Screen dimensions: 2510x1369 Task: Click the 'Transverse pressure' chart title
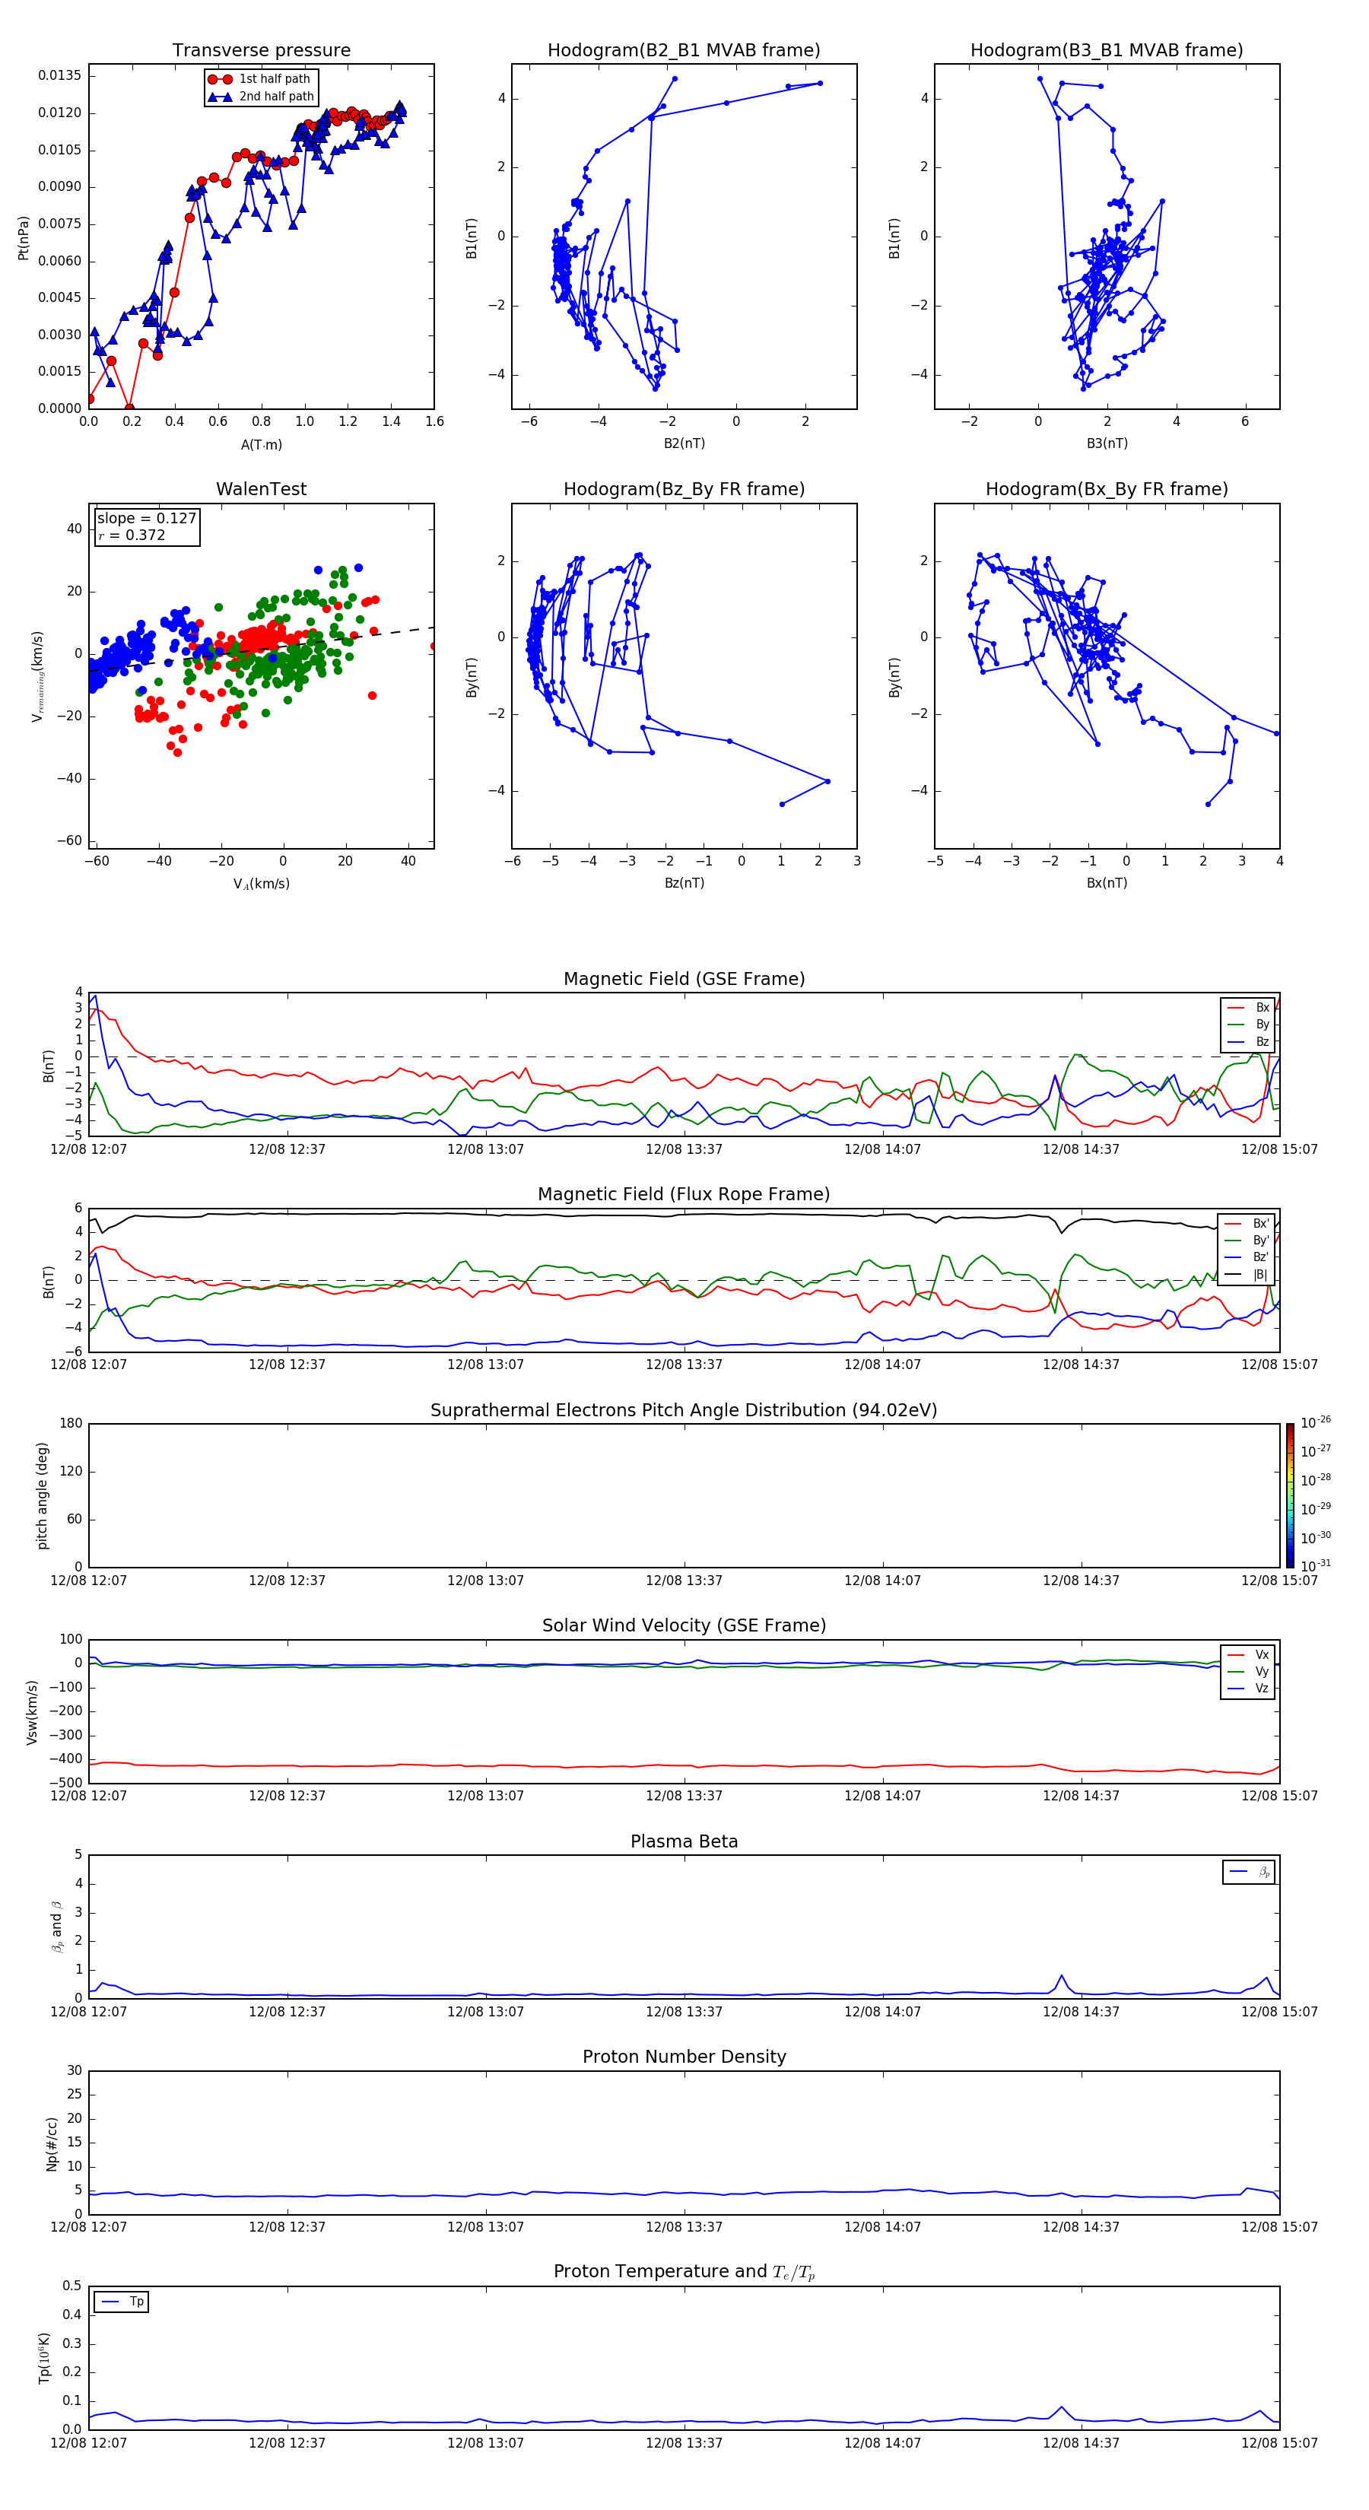pyautogui.click(x=261, y=51)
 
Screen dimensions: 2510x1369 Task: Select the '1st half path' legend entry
pyautogui.click(x=274, y=79)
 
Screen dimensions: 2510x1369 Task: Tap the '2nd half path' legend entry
pyautogui.click(x=276, y=97)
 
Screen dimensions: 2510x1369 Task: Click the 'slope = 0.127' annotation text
pyautogui.click(x=146, y=519)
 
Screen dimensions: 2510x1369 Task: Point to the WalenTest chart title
pyautogui.click(x=261, y=489)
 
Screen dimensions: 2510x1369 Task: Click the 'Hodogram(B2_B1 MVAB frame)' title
pyautogui.click(x=683, y=51)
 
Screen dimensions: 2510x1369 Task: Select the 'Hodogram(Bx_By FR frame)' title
pyautogui.click(x=1106, y=489)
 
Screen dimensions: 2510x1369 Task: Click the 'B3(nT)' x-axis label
pyautogui.click(x=1107, y=443)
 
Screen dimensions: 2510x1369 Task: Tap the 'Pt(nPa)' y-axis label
pyautogui.click(x=24, y=238)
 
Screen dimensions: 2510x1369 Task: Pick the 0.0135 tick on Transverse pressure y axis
pyautogui.click(x=59, y=76)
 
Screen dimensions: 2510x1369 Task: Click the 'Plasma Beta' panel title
pyautogui.click(x=684, y=1841)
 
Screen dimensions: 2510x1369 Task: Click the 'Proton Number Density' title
pyautogui.click(x=684, y=2057)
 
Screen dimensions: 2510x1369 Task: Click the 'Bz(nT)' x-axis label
pyautogui.click(x=684, y=883)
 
